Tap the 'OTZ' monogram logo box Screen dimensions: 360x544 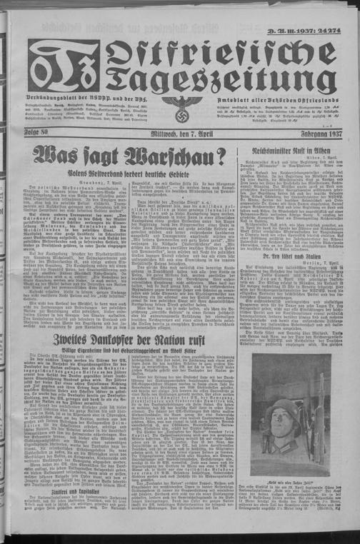[63, 68]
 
